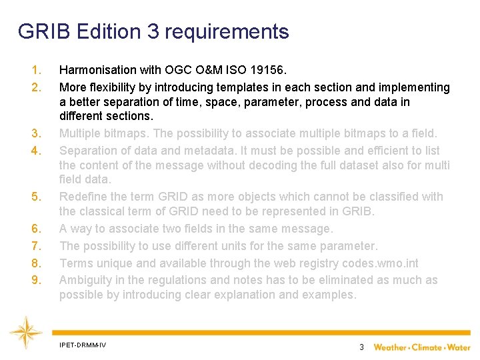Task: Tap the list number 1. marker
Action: tap(37, 70)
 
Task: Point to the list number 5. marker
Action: tap(37, 197)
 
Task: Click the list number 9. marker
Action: tap(37, 280)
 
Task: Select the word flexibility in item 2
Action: tap(113, 87)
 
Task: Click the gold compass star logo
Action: tap(25, 332)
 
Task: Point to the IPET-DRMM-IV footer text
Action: tap(82, 345)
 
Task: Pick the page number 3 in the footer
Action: tap(361, 347)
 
